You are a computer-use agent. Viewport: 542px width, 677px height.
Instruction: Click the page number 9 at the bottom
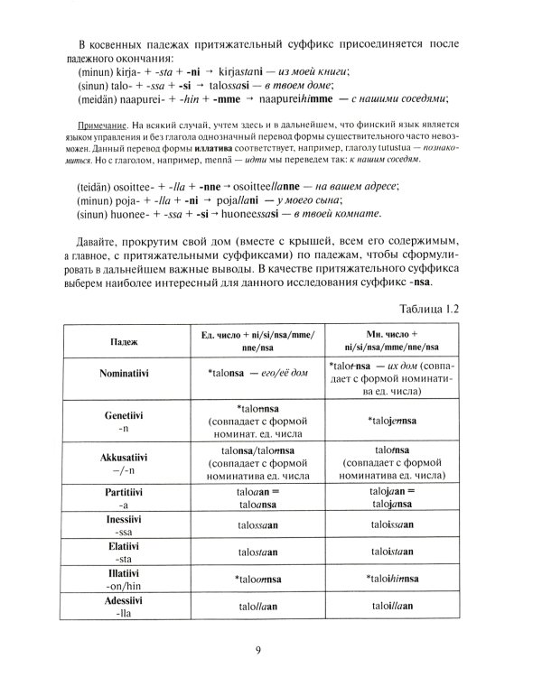point(269,645)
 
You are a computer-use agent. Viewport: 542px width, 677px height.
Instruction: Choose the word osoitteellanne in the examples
point(276,183)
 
